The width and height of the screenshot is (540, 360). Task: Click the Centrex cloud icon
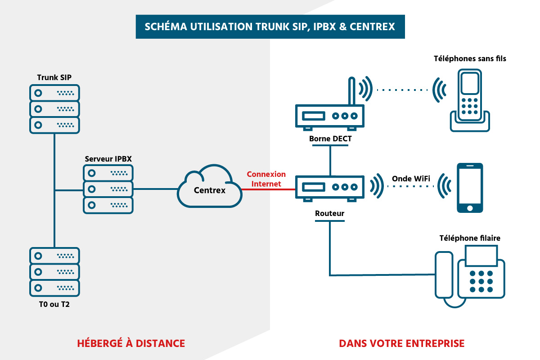pyautogui.click(x=209, y=187)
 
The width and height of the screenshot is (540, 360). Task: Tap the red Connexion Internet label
pyautogui.click(x=266, y=179)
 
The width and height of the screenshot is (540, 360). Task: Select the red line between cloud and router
pyautogui.click(x=268, y=190)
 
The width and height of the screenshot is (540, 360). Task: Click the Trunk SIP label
pyautogui.click(x=54, y=77)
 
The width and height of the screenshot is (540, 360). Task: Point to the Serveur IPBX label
pyautogui.click(x=108, y=159)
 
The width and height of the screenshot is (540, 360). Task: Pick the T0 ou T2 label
pyautogui.click(x=54, y=305)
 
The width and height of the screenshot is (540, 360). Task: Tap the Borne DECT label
pyautogui.click(x=330, y=139)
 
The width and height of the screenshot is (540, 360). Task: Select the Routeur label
pyautogui.click(x=330, y=213)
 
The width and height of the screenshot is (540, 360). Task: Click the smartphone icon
pyautogui.click(x=470, y=188)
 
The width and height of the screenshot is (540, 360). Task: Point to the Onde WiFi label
pyautogui.click(x=411, y=178)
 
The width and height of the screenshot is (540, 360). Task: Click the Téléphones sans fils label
pyautogui.click(x=470, y=58)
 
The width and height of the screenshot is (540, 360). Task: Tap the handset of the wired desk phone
pyautogui.click(x=444, y=276)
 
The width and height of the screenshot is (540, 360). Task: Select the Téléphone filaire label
pyautogui.click(x=470, y=238)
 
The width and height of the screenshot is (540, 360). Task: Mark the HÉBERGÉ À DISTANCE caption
pyautogui.click(x=131, y=343)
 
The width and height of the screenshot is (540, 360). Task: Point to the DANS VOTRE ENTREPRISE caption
pyautogui.click(x=401, y=343)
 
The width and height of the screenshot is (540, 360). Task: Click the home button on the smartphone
pyautogui.click(x=470, y=208)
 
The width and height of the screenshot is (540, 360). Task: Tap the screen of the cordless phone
pyautogui.click(x=470, y=83)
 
